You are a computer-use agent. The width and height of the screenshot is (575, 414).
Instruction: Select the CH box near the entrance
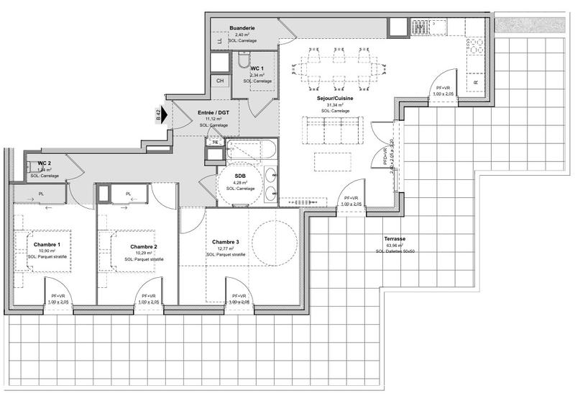pos(220,81)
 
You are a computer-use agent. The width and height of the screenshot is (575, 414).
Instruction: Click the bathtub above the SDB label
pos(249,150)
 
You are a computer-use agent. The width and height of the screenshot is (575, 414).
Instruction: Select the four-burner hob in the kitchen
pos(475,48)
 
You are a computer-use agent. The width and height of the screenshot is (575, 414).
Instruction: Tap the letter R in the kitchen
pos(476,83)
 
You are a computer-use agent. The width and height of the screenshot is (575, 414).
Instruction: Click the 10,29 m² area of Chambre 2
pos(144,253)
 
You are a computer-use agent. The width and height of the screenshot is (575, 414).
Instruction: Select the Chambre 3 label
pos(226,242)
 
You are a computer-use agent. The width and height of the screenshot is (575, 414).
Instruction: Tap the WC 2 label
pos(44,163)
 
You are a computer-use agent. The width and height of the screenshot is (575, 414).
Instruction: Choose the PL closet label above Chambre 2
pos(128,194)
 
